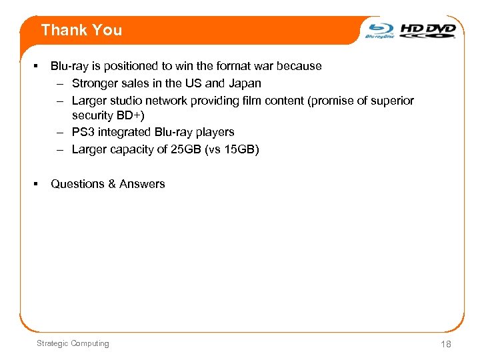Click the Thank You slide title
tap(81, 30)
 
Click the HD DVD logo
tap(428, 30)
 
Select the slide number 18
tap(445, 344)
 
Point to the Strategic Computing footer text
tap(73, 343)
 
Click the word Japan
tap(245, 83)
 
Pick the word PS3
tap(83, 132)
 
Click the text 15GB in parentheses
tap(239, 149)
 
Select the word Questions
tap(77, 184)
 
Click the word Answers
tap(142, 184)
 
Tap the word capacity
tap(129, 149)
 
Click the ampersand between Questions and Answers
tap(111, 184)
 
